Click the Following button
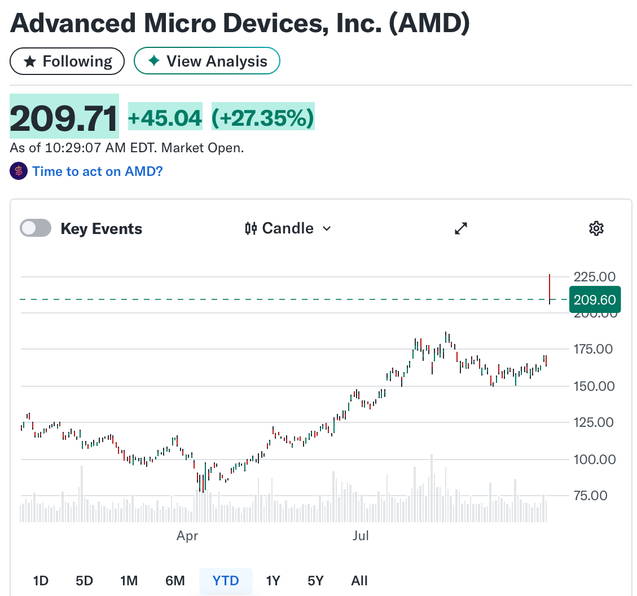pos(67,61)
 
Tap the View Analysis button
pos(207,61)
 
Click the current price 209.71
pos(64,117)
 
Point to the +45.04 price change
pos(165,118)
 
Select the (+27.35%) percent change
pos(262,118)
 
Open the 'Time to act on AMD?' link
pos(97,171)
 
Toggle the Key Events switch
pos(36,228)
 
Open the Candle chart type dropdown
pos(288,228)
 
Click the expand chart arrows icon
pos(462,228)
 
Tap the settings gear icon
pos(596,228)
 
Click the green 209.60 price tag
pos(595,299)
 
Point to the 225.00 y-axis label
pos(594,277)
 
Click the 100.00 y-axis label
pos(594,459)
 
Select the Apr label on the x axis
pos(187,536)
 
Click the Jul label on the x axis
pos(361,536)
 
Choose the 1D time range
pos(41,581)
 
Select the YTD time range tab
pos(226,581)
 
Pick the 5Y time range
pos(315,581)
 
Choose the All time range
pos(359,581)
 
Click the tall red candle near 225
pos(550,288)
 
